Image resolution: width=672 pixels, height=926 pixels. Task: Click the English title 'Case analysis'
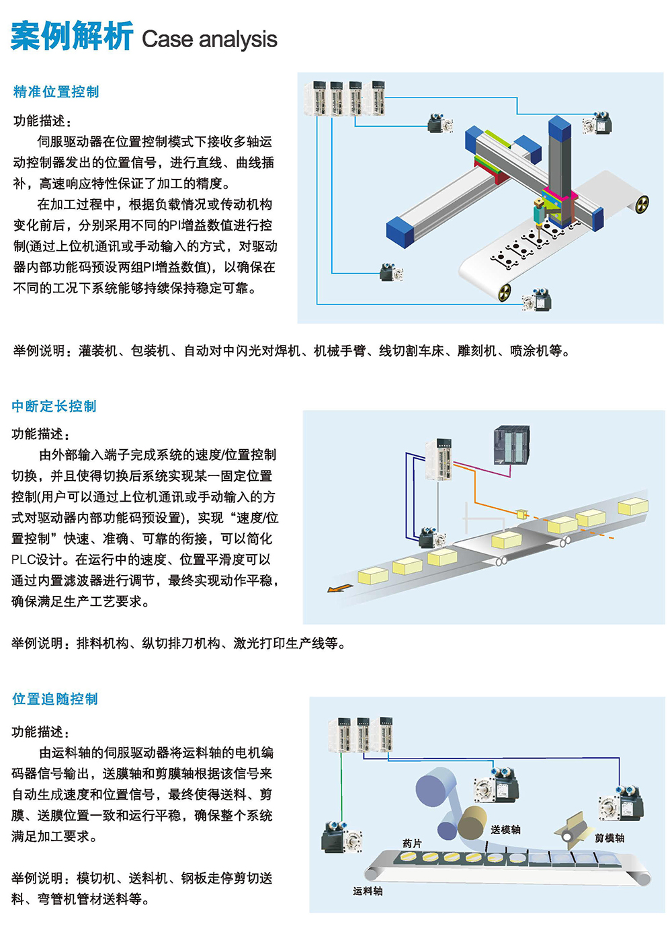tap(210, 39)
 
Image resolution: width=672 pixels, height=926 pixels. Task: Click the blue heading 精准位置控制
tap(56, 91)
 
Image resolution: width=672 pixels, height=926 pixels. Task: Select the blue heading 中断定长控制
tap(54, 406)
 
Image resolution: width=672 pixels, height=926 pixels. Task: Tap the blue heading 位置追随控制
tap(55, 699)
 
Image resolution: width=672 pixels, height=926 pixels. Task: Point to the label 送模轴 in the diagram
tap(505, 829)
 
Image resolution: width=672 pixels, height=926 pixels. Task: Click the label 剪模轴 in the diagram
tap(610, 838)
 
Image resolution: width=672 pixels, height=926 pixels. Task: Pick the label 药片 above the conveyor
tap(412, 843)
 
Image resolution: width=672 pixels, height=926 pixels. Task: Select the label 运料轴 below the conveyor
tap(368, 890)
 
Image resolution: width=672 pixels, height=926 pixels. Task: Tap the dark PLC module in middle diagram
tap(511, 445)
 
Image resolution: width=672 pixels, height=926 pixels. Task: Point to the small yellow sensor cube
tap(521, 513)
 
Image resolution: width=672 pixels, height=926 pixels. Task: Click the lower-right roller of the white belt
tap(504, 293)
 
